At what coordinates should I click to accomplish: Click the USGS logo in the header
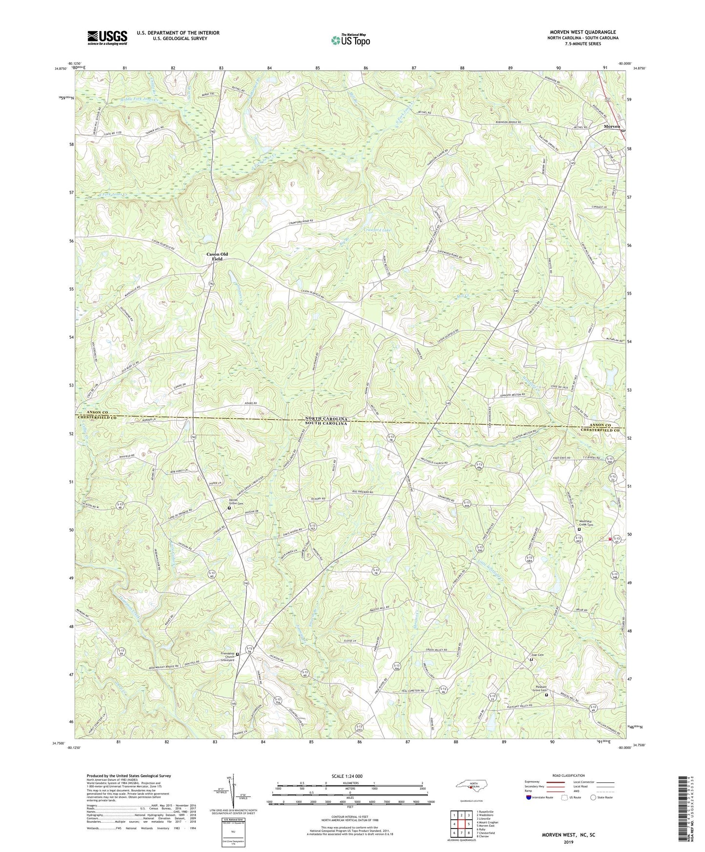point(107,38)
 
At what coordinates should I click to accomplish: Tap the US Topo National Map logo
point(350,40)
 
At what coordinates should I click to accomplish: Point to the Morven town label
point(612,126)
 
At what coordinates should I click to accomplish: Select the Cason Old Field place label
point(217,256)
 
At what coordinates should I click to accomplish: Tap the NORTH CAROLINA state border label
point(326,419)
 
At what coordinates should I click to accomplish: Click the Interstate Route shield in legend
point(530,797)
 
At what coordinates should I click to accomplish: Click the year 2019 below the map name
point(568,842)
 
